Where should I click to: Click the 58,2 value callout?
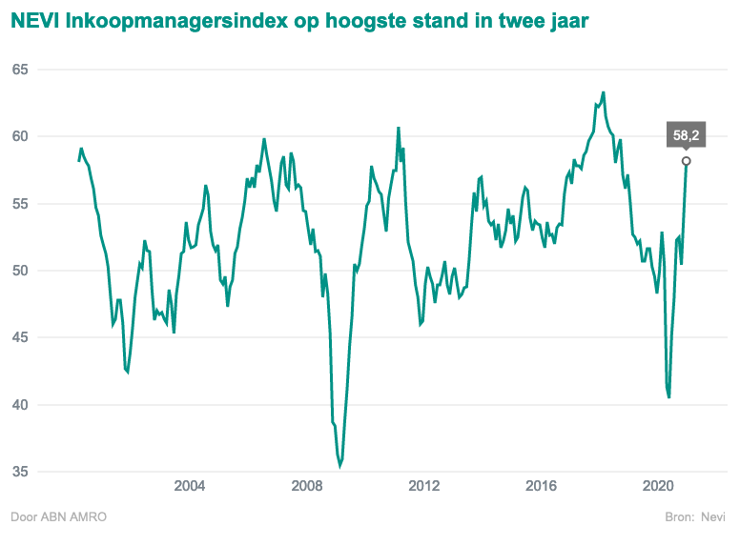coord(686,135)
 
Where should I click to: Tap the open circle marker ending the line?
coord(686,160)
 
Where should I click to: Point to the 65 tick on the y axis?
coord(20,70)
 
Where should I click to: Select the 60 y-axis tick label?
coord(20,136)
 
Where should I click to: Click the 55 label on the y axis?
coord(20,204)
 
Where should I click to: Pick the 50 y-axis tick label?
coord(20,271)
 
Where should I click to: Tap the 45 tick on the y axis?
coord(20,337)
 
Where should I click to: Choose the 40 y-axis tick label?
coord(20,405)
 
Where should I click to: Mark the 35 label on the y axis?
coord(20,472)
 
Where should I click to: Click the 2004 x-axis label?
coord(190,487)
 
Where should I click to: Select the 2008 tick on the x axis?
coord(307,487)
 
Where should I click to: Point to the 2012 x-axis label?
coord(424,487)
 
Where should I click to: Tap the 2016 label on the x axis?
coord(542,487)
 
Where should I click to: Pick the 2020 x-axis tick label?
coord(659,487)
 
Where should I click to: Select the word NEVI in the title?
coord(33,19)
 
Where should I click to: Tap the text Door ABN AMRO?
coord(58,517)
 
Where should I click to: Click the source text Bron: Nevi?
coord(695,517)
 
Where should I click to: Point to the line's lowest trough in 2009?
coord(339,466)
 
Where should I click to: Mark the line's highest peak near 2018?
coord(604,92)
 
